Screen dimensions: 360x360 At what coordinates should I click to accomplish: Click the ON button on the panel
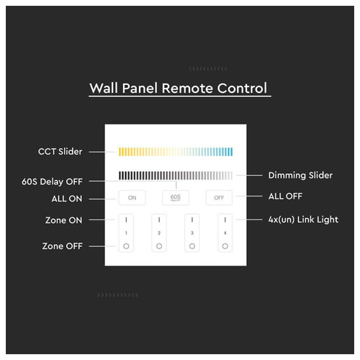coord(132,198)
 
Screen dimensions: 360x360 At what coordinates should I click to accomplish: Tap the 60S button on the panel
coord(176,198)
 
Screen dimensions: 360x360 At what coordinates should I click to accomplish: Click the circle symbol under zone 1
coord(126,246)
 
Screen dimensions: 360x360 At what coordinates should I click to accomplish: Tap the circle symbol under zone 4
coord(225,246)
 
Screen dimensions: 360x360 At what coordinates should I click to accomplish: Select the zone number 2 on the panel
coord(159,233)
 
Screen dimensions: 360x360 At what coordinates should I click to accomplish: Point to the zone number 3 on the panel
coord(192,233)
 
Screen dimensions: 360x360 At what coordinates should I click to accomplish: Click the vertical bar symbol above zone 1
coord(126,220)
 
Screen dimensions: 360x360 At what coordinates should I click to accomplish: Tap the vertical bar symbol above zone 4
coord(225,220)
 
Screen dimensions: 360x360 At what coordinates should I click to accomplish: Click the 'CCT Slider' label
coord(60,151)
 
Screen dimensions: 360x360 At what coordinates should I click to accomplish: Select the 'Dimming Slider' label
coord(300,176)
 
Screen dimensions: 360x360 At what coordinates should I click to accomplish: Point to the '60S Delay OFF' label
coord(52,181)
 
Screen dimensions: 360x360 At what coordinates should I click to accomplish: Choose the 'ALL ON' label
coord(67,199)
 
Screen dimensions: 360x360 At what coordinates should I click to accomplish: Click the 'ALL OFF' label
coord(285,197)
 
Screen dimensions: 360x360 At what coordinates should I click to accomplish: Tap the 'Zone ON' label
coord(63,220)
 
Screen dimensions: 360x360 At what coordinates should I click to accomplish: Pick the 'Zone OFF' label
coord(63,246)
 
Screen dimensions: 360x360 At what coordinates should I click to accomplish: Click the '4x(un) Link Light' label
coord(303,220)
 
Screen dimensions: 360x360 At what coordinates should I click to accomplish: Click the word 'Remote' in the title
coord(187,88)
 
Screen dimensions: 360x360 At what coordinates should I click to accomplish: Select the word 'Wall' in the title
coord(104,88)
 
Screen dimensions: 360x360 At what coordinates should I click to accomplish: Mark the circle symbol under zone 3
coord(192,246)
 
